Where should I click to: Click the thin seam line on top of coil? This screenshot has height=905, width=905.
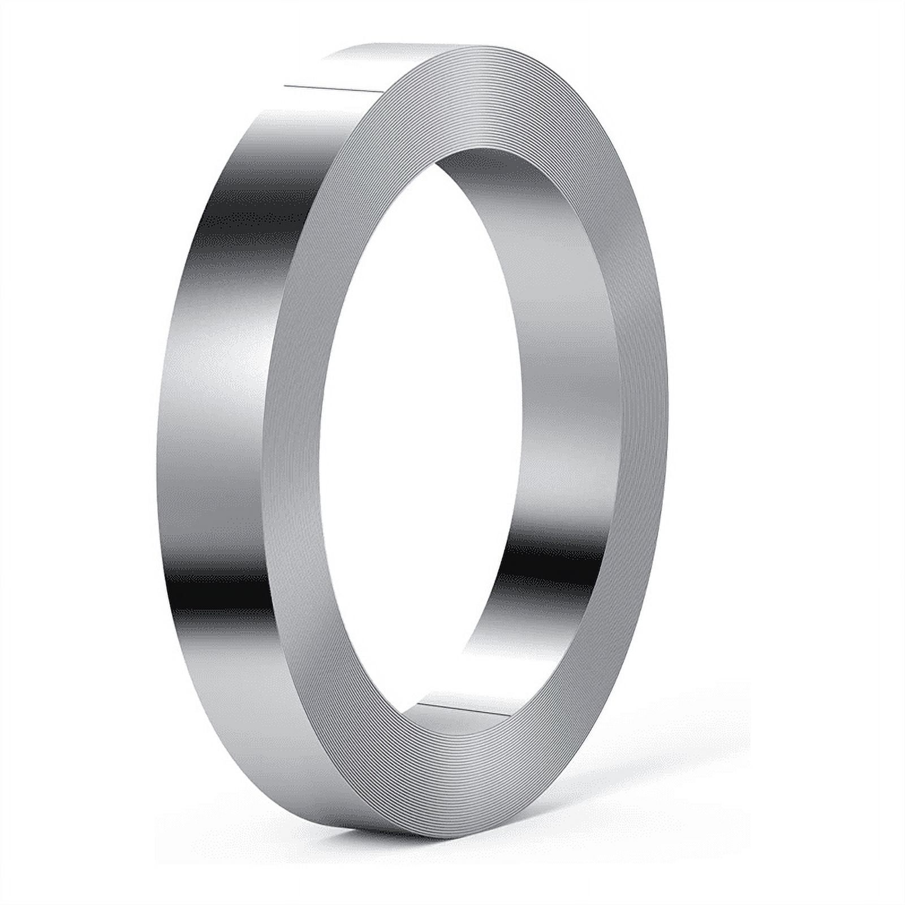[334, 88]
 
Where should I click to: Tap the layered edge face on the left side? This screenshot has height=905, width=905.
[294, 453]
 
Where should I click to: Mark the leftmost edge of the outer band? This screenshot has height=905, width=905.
[157, 453]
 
